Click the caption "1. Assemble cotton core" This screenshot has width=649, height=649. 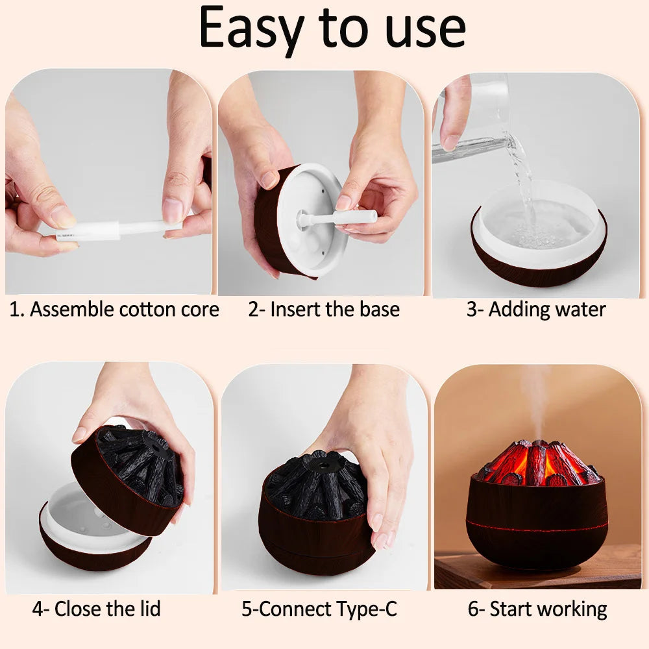pyautogui.click(x=114, y=310)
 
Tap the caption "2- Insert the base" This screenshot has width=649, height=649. pyautogui.click(x=323, y=310)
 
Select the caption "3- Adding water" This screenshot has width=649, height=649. pyautogui.click(x=535, y=310)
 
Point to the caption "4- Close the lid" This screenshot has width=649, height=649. pyautogui.click(x=96, y=609)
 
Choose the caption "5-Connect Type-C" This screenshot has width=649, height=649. pyautogui.click(x=319, y=609)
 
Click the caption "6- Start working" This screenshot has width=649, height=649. pyautogui.click(x=537, y=609)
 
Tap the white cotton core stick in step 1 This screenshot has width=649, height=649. pyautogui.click(x=117, y=230)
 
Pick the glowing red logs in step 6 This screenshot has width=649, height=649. pyautogui.click(x=535, y=462)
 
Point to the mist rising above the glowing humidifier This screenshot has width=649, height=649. pyautogui.click(x=536, y=396)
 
